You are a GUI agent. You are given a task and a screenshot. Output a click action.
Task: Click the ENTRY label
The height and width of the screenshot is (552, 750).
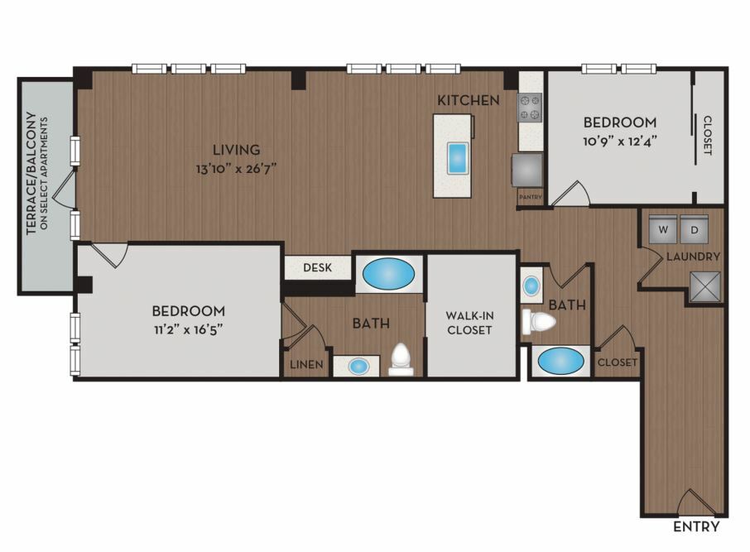click(x=696, y=526)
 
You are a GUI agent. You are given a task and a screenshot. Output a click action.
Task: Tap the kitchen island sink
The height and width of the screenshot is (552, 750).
click(x=456, y=158)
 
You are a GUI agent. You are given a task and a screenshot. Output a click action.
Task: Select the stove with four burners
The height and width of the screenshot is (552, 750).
click(x=530, y=107)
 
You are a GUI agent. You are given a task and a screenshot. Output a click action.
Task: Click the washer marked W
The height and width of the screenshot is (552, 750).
click(x=663, y=229)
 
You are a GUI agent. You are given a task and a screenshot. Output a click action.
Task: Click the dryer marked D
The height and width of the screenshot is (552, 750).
click(x=694, y=229)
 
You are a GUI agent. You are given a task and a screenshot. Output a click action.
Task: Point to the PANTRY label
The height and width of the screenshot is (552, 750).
click(x=531, y=197)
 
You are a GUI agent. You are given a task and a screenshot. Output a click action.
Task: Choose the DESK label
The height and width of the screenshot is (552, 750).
click(x=317, y=267)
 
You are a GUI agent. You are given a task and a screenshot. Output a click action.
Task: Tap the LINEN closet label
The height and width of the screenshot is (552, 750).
click(x=306, y=364)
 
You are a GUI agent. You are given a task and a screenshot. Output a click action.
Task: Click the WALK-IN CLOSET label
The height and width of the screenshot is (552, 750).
click(x=469, y=323)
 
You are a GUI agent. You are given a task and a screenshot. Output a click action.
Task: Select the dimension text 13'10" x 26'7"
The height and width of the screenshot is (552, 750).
click(x=236, y=169)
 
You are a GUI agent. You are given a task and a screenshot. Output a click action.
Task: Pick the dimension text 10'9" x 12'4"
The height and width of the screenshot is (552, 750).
click(x=619, y=142)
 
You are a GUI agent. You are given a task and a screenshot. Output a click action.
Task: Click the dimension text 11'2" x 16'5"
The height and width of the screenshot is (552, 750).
click(x=189, y=330)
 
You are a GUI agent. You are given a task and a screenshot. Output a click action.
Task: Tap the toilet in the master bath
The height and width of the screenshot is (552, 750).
click(x=401, y=360)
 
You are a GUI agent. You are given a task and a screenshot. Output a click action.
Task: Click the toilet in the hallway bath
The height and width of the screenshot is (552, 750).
click(x=539, y=321)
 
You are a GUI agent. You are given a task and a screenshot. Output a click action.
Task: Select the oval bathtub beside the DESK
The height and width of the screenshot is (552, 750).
click(x=388, y=274)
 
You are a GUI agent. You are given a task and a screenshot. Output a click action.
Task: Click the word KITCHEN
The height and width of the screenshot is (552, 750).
click(x=469, y=100)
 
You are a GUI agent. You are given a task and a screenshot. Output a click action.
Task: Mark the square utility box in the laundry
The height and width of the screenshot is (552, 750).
click(x=704, y=287)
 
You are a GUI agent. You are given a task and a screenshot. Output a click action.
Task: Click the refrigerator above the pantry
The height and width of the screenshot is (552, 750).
click(x=527, y=170)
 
